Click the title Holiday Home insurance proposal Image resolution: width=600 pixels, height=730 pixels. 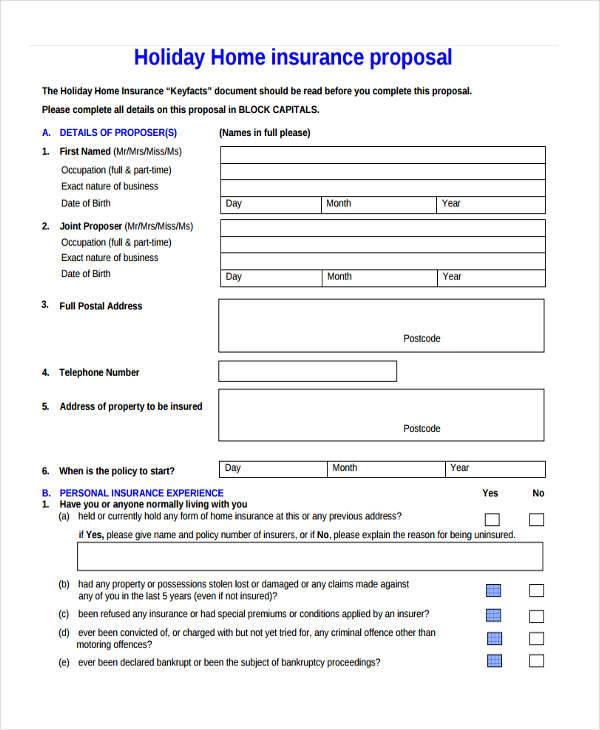293,57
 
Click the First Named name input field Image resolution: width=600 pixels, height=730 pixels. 382,154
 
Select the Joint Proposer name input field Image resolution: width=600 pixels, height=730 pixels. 382,227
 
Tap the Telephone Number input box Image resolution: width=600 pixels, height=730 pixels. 307,372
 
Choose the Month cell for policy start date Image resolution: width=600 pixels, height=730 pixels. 385,468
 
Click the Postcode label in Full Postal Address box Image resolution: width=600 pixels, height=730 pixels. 421,339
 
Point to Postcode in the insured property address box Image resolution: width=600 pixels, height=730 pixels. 421,429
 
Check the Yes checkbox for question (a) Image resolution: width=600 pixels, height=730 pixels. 492,520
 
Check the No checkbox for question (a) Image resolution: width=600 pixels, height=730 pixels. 537,520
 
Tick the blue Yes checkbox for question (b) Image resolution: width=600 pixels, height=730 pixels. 493,590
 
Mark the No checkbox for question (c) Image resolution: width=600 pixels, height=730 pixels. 537,616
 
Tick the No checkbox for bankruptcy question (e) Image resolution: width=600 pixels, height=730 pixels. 537,661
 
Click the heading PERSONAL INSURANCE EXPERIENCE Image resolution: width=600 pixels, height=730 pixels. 141,493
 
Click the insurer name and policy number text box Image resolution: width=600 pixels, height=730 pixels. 310,556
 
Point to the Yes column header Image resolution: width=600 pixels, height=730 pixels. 490,493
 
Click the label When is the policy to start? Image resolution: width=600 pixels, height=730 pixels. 117,471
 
